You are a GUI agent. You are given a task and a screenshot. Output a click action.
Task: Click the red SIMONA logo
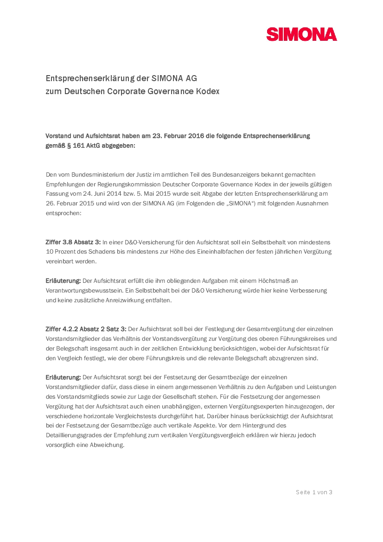pos(301,34)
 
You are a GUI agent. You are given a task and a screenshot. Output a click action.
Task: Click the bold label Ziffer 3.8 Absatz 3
pos(73,242)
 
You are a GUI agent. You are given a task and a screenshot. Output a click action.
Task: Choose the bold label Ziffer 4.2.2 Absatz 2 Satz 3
pos(86,329)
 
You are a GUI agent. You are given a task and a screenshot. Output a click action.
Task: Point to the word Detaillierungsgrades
pos(74,435)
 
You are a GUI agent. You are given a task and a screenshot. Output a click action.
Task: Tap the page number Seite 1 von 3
pos(314,492)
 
